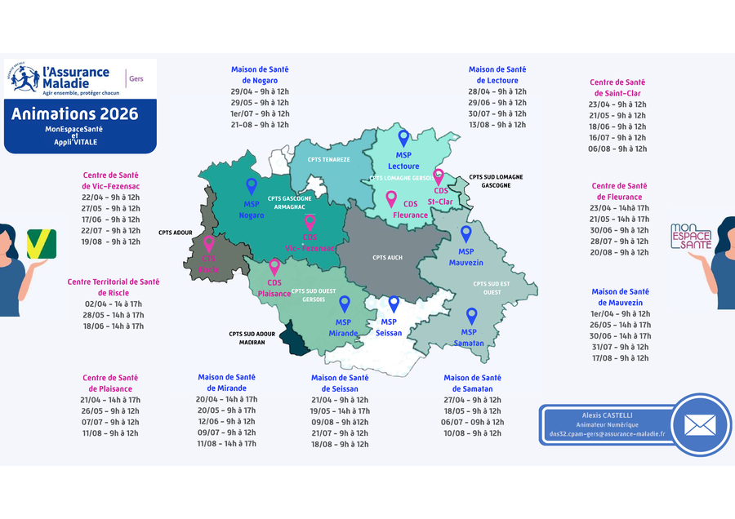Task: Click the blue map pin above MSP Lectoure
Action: tap(403, 139)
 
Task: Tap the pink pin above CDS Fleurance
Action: tap(391, 199)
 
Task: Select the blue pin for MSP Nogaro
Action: tap(252, 187)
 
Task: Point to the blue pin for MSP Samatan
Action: tap(470, 316)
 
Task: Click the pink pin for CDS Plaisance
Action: tap(274, 267)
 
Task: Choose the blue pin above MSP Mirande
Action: tap(345, 304)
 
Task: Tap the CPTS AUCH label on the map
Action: tap(387, 258)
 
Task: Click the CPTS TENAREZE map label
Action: tap(328, 160)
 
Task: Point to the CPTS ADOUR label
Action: tap(176, 233)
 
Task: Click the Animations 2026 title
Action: tap(74, 114)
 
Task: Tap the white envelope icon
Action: tap(700, 424)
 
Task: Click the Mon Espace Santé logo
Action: tap(691, 237)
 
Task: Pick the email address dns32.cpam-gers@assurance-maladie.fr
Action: tap(607, 434)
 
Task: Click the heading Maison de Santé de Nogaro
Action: tap(260, 75)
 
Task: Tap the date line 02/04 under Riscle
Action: tap(112, 303)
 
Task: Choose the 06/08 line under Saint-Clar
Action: tap(618, 149)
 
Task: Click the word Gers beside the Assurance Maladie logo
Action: tap(136, 78)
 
